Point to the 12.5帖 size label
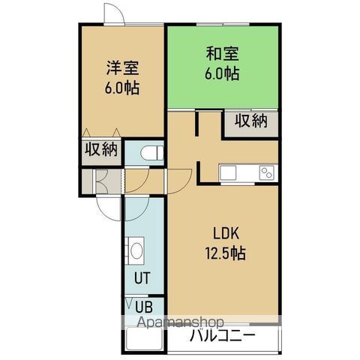pyautogui.click(x=225, y=252)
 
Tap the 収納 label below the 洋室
pyautogui.click(x=100, y=148)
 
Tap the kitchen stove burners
pyautogui.click(x=266, y=173)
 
